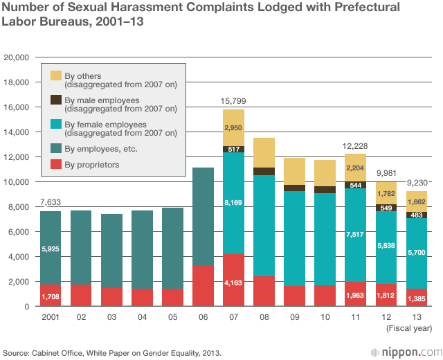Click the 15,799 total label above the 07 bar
[233, 101]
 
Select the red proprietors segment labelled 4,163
[233, 282]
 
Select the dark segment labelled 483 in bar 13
[416, 215]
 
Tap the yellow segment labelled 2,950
[233, 128]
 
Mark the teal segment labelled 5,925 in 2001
[51, 248]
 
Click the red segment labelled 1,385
[416, 298]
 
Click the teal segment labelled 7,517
[355, 235]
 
